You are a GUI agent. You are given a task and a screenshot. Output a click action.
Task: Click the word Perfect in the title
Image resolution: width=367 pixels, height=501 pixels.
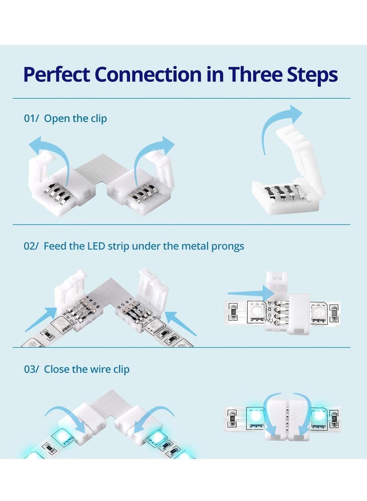click(56, 75)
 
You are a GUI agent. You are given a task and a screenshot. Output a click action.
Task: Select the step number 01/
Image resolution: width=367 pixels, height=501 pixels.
click(31, 118)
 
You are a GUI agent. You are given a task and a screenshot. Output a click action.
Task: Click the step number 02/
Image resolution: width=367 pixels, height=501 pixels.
click(31, 246)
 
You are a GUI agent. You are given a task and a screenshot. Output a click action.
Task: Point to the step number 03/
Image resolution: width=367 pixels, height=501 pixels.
click(31, 369)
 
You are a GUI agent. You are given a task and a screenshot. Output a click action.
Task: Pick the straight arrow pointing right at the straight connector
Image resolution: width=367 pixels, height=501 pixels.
click(250, 293)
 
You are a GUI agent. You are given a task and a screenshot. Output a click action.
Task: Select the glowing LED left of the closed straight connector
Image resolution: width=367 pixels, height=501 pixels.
click(255, 416)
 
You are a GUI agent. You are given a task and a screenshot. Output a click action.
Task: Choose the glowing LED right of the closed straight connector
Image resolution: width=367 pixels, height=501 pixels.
click(319, 416)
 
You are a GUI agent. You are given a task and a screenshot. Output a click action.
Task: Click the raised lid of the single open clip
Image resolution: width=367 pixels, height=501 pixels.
click(300, 156)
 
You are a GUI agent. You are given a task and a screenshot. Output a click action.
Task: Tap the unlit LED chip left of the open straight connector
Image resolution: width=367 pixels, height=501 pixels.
click(256, 311)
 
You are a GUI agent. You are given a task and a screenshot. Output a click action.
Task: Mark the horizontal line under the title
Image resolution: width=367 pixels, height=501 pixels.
click(181, 98)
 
